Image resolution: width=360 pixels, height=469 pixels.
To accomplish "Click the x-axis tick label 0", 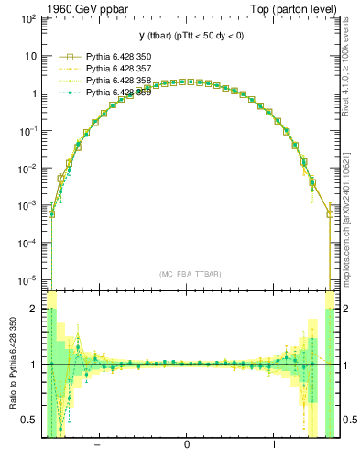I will [x=187, y=447].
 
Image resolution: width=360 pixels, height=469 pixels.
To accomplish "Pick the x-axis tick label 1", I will [x=275, y=447].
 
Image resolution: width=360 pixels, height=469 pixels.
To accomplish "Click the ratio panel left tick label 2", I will [x=32, y=310].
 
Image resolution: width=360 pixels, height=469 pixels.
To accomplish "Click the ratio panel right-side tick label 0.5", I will [x=350, y=420].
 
